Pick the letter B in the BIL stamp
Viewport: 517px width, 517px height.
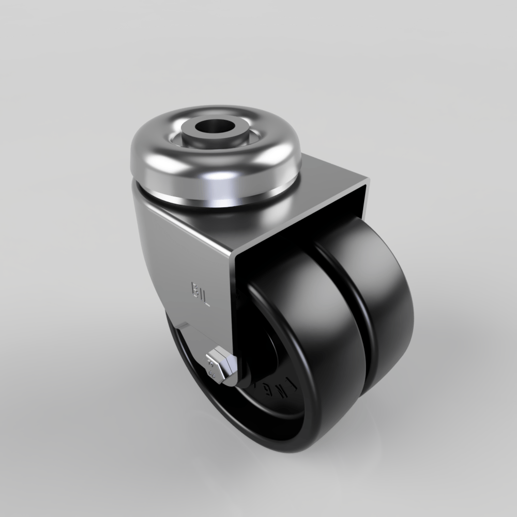point(193,290)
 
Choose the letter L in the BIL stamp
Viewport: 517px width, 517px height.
point(206,298)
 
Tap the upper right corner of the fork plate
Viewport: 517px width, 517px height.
point(368,181)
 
